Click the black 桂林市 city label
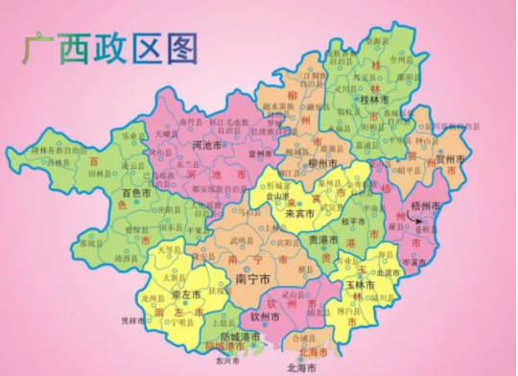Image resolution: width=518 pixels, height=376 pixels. (373, 99)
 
